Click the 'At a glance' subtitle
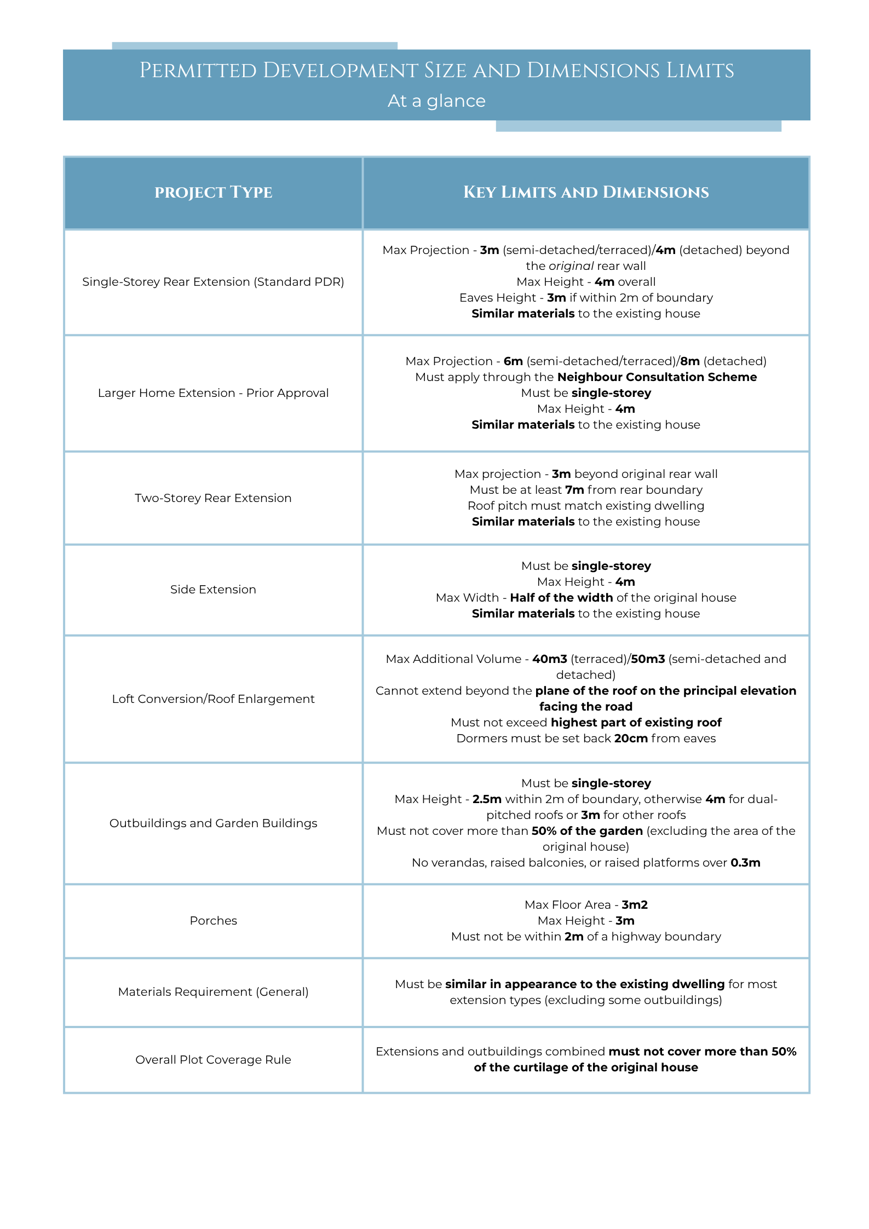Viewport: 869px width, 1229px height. (x=436, y=101)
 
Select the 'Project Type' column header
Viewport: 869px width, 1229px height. (x=213, y=192)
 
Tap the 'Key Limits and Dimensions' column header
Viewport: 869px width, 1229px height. (x=585, y=192)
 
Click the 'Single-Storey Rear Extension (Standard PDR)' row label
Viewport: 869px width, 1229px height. (x=213, y=282)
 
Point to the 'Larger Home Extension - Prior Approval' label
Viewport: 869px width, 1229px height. (x=213, y=393)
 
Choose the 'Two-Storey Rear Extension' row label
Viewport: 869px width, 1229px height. (x=213, y=498)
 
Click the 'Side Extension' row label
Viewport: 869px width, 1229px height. (x=213, y=590)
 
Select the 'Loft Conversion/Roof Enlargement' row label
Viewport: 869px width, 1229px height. (x=213, y=699)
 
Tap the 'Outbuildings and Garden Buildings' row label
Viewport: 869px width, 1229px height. (x=213, y=823)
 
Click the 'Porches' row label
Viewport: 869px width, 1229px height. (x=213, y=921)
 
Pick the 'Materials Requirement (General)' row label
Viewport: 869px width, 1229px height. (x=213, y=992)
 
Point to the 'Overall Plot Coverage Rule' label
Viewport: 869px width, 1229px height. (x=213, y=1060)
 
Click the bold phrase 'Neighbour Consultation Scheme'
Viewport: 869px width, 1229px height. (x=657, y=377)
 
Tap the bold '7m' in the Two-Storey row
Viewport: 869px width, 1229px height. (x=574, y=490)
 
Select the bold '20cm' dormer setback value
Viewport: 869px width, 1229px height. (x=631, y=738)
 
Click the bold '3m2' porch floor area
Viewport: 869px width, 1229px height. (x=635, y=905)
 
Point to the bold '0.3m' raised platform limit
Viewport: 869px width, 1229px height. (x=745, y=863)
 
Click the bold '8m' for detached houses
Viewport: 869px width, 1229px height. (x=690, y=361)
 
